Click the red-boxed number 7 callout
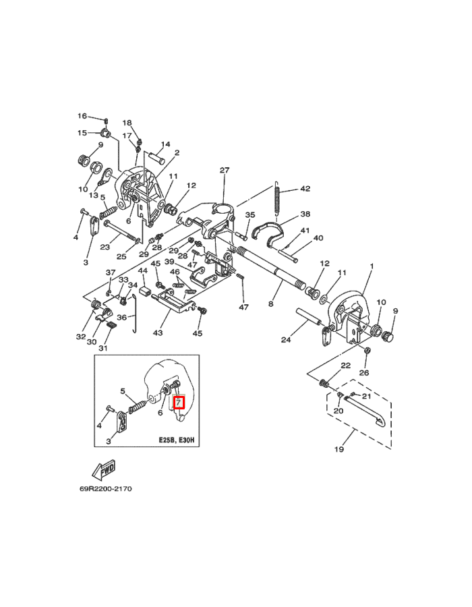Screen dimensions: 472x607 tap(179, 403)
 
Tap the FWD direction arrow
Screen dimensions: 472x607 tap(104, 470)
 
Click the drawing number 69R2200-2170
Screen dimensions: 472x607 tap(106, 488)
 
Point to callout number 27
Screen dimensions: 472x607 tap(225, 170)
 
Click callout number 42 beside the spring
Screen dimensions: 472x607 tap(305, 189)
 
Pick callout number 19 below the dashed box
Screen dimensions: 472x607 tap(339, 449)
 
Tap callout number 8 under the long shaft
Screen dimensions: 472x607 tap(270, 304)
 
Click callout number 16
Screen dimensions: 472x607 tap(82, 116)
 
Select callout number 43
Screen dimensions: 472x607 tap(158, 333)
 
